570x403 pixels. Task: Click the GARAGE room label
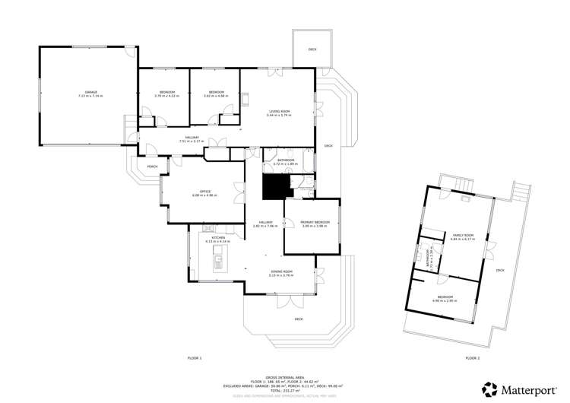90,92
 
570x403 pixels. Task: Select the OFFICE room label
204,191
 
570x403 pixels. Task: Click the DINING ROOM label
281,271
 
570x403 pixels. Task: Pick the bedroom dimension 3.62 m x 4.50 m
216,96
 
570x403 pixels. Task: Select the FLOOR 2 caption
472,357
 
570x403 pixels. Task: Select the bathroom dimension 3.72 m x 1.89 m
286,164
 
